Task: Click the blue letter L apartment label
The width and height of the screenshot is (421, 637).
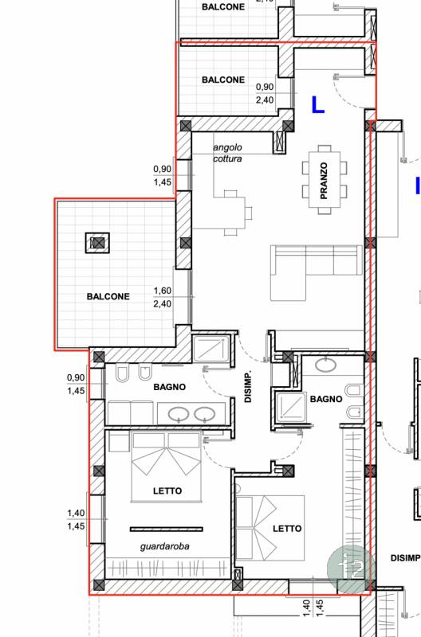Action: coord(317,104)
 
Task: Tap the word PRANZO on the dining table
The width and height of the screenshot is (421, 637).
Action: coord(324,181)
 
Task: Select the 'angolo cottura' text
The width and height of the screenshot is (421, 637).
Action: coord(227,153)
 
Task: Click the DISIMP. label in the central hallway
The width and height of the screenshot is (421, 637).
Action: coord(248,386)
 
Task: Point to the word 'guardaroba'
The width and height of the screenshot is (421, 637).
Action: coord(165,546)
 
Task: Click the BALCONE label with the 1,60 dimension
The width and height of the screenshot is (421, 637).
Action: coord(108,296)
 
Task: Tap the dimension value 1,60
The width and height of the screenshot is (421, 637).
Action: coord(163,291)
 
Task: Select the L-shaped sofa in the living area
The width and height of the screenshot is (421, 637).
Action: coord(316,272)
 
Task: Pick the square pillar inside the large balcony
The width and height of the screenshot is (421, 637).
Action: coord(97,243)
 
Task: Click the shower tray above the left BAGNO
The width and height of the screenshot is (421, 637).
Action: coord(211,349)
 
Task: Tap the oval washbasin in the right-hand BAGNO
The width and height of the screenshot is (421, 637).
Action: coord(325,365)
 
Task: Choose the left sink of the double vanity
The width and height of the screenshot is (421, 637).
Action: coord(179,414)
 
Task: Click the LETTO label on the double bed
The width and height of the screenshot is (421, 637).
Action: coord(167,490)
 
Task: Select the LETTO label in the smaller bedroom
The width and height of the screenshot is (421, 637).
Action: coord(287,529)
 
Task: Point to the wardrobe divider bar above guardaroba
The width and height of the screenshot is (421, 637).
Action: coord(167,529)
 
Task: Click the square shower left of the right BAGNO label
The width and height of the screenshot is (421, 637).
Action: coord(291,406)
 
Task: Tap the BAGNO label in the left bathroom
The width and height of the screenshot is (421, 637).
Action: coord(170,387)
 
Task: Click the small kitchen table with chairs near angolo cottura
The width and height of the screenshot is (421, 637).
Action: coord(232,213)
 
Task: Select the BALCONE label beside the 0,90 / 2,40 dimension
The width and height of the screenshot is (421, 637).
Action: coord(223,80)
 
